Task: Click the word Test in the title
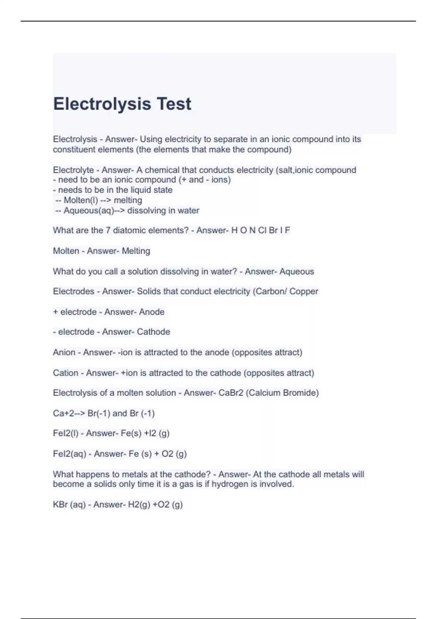coord(174,104)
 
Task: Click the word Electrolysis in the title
coord(102,104)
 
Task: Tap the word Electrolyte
coord(73,170)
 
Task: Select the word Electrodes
coord(74,291)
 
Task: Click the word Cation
coord(66,373)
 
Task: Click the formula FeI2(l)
coord(66,433)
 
